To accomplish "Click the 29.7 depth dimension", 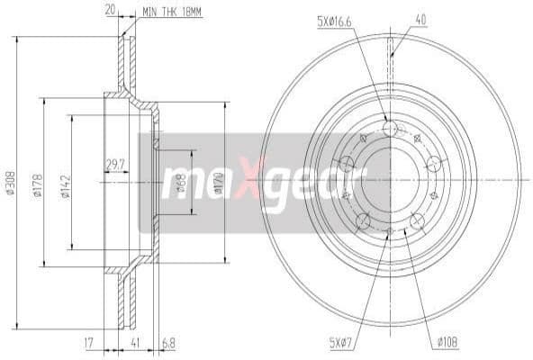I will (x=115, y=164).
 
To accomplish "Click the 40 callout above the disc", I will (x=420, y=19).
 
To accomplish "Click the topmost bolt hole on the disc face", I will (x=390, y=130).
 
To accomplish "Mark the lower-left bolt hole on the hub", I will (x=364, y=221).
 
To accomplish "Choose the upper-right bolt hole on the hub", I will (x=434, y=163).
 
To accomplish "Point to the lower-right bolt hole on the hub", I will (x=417, y=221).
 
